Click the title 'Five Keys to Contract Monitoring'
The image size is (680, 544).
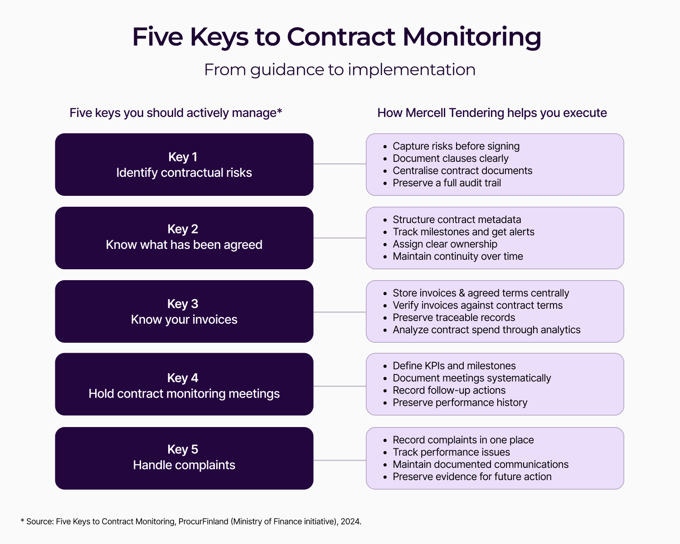tap(336, 37)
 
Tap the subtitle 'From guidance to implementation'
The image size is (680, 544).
tap(340, 70)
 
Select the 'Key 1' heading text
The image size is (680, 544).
tap(183, 157)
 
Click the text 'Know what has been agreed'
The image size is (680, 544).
tap(184, 245)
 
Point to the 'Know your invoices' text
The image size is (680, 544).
tap(184, 320)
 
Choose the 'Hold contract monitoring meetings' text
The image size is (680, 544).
tap(184, 393)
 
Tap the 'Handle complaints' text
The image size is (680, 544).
tap(184, 465)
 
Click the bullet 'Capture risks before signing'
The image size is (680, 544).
tap(456, 146)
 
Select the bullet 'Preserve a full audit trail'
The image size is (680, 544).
tap(447, 183)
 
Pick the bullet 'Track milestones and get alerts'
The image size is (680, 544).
tap(463, 232)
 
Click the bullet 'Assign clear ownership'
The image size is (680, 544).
tap(445, 244)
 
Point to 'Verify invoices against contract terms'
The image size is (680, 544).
tap(477, 305)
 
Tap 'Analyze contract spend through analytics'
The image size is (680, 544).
tap(486, 330)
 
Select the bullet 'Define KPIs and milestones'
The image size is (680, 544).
tap(454, 366)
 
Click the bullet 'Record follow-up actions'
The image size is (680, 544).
tap(449, 390)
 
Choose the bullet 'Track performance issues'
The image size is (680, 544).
tap(451, 452)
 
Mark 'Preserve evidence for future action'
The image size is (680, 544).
tap(472, 476)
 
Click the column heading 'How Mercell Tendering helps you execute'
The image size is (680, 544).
tap(492, 113)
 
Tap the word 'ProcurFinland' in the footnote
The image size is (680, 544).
tap(203, 521)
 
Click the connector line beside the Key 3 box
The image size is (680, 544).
tap(340, 312)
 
